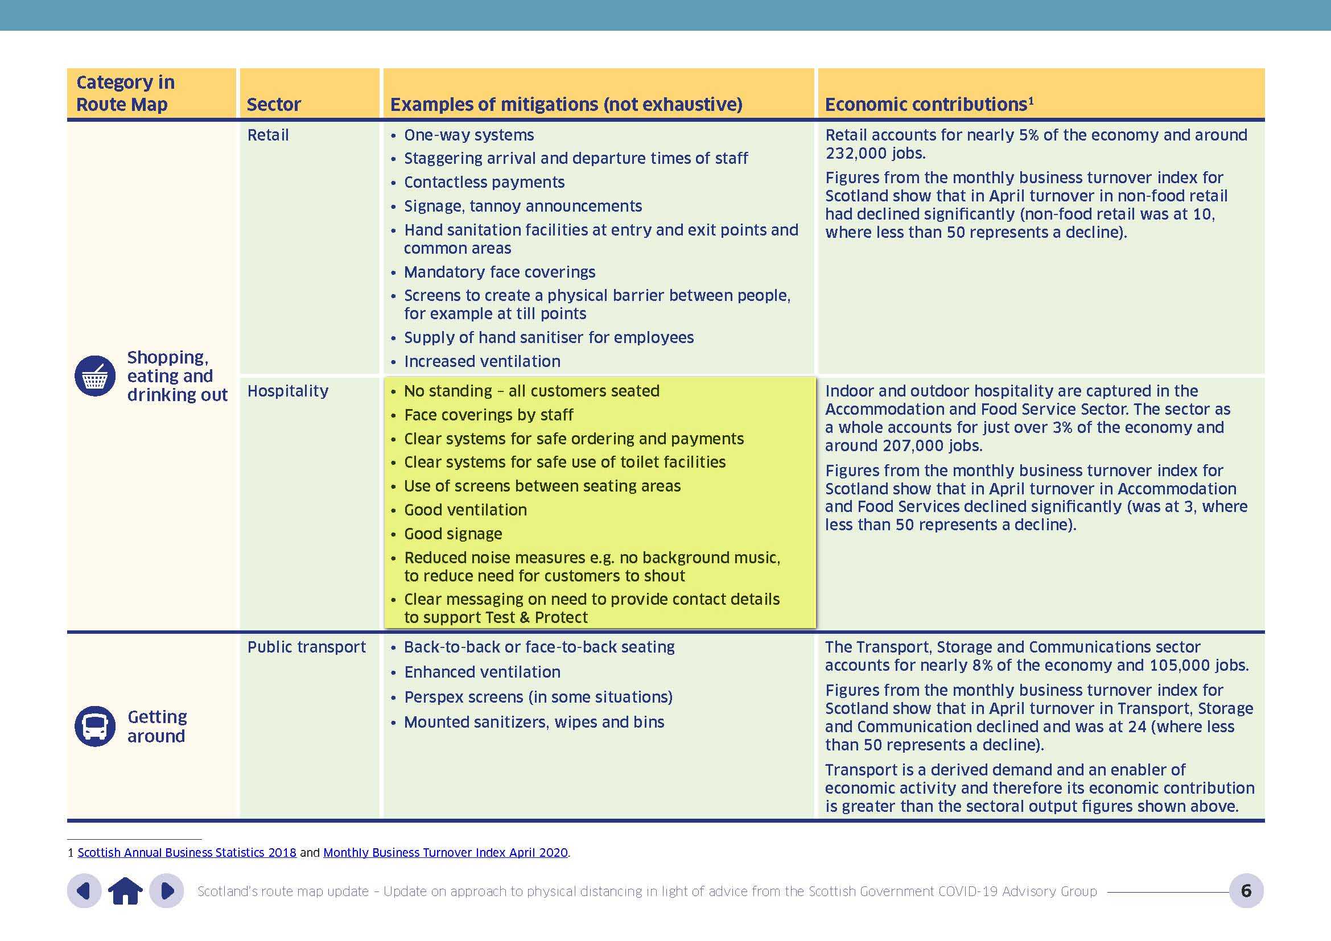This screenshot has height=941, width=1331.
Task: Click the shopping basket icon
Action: [95, 376]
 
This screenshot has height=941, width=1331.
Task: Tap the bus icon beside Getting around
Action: [95, 726]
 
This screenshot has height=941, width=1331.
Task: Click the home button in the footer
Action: [125, 890]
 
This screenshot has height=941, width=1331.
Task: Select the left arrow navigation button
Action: [85, 890]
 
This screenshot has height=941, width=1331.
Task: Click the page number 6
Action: [1246, 890]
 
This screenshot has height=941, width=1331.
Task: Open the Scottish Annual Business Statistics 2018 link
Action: [187, 853]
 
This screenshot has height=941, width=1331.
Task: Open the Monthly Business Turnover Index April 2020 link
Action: [445, 853]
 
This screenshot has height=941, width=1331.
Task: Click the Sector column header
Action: [274, 104]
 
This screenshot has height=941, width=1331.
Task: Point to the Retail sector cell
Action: [268, 135]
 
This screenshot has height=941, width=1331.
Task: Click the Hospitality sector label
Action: [287, 391]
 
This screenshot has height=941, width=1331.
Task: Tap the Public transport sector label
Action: [306, 647]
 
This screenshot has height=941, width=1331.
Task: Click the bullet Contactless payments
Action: [484, 183]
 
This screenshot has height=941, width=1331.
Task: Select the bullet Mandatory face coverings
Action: [500, 273]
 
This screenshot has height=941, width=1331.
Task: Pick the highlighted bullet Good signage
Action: [453, 534]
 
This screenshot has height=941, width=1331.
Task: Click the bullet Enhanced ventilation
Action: [482, 672]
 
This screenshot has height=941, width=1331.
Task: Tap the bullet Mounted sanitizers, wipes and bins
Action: [534, 723]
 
